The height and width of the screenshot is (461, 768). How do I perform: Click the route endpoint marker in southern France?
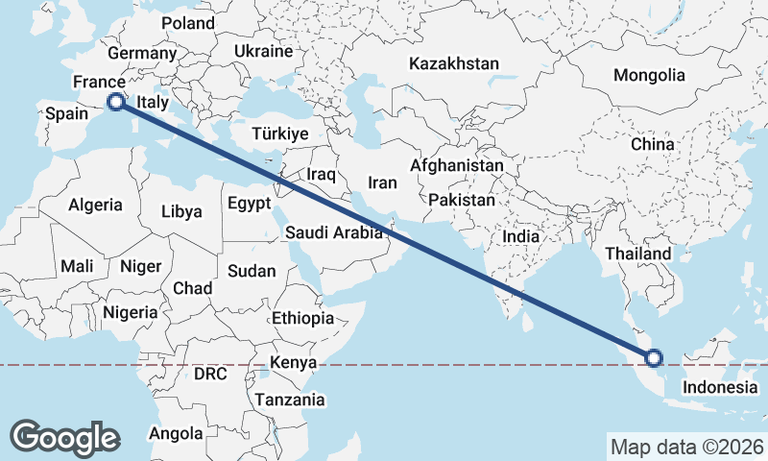(x=115, y=101)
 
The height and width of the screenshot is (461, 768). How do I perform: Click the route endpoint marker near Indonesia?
(x=654, y=358)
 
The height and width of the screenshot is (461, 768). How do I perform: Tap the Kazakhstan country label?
(x=454, y=63)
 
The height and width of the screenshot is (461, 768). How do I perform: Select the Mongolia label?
(x=650, y=75)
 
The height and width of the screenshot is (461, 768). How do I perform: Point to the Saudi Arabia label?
(x=334, y=231)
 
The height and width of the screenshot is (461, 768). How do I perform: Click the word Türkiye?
(x=279, y=133)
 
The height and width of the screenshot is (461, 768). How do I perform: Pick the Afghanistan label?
(x=456, y=165)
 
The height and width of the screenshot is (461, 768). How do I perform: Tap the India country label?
(x=522, y=236)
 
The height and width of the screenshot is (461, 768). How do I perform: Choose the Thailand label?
(x=638, y=253)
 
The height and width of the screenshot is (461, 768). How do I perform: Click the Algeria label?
(x=95, y=205)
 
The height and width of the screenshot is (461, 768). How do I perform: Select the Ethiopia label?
(x=302, y=318)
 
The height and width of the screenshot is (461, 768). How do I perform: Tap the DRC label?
(x=209, y=373)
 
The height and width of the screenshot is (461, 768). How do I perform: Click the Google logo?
(x=64, y=437)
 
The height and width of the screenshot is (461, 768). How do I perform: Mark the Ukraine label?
(x=263, y=50)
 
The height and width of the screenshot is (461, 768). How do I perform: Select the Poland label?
(x=188, y=23)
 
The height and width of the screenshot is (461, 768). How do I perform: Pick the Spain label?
(x=67, y=113)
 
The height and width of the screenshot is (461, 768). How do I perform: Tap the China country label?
(x=653, y=144)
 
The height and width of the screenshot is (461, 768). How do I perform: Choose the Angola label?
(x=176, y=434)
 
